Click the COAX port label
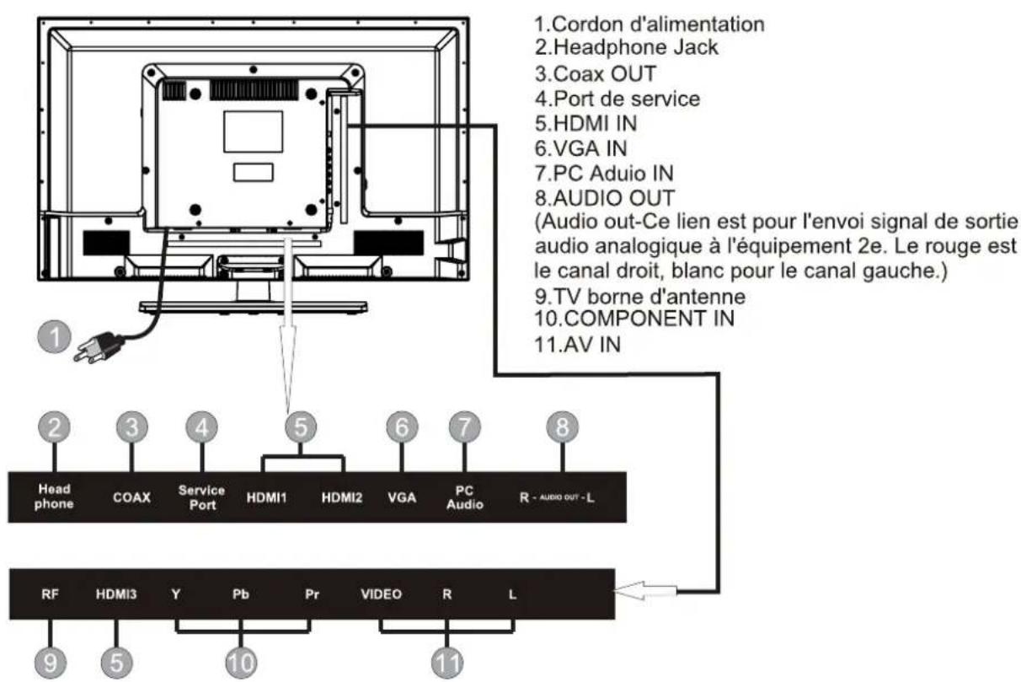[x=131, y=497]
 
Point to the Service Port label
[x=202, y=497]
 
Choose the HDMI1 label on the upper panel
[x=267, y=497]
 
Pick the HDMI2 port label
[x=341, y=497]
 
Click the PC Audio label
[x=464, y=497]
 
